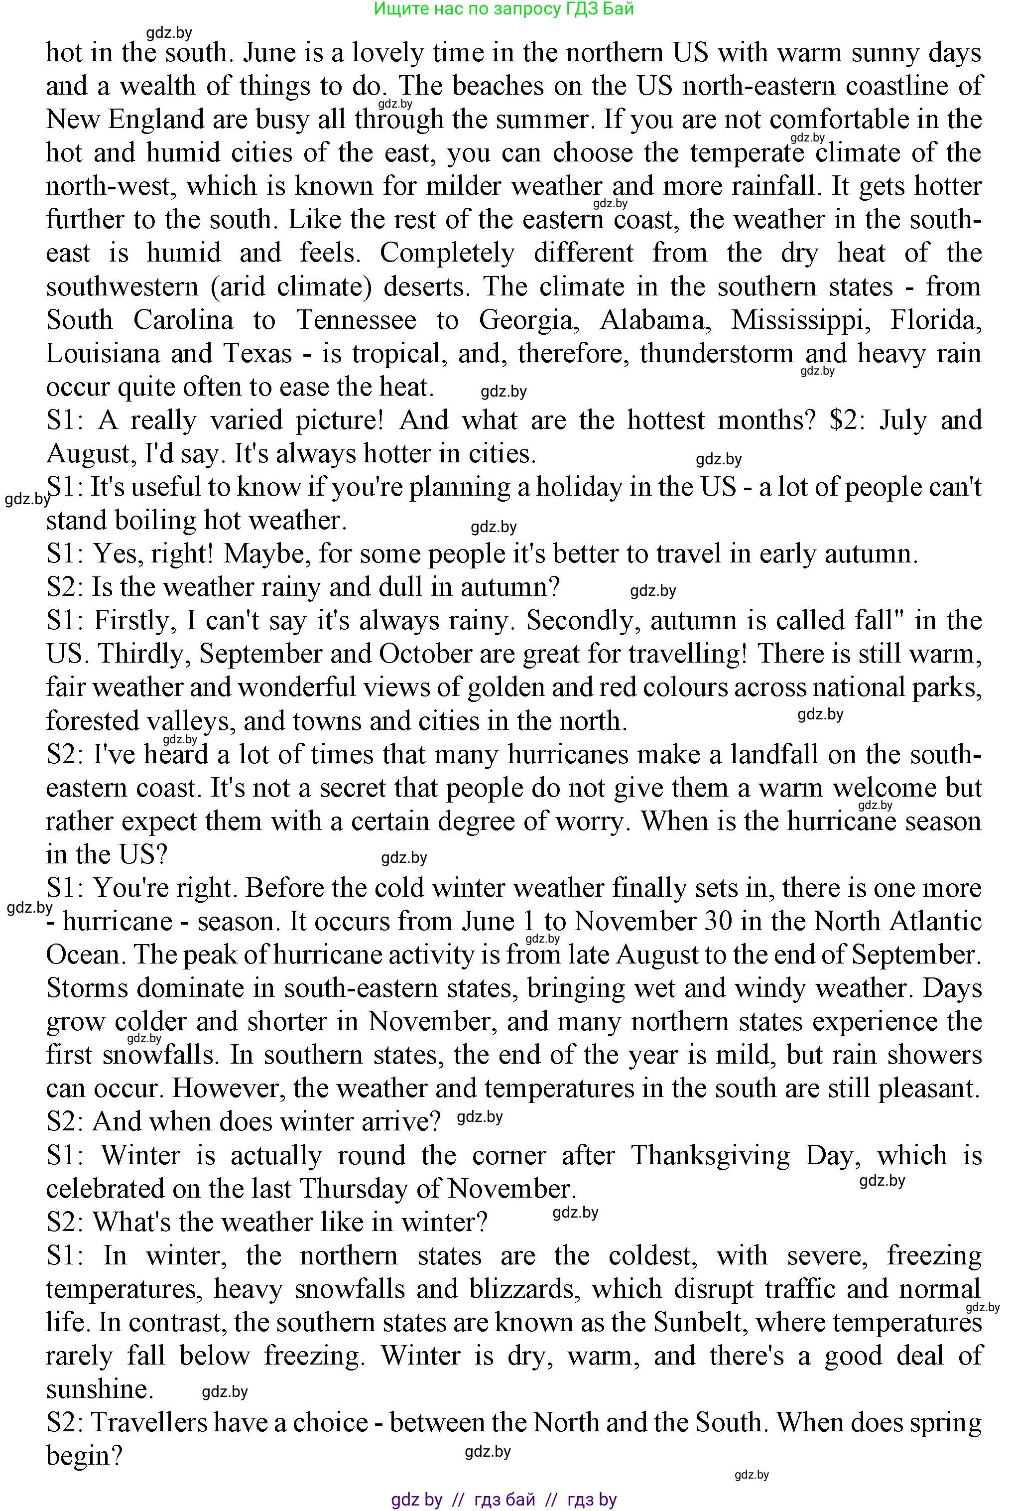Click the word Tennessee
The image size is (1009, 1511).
tap(356, 320)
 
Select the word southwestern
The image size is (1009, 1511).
tap(122, 286)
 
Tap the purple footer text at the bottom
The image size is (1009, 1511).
tap(504, 1500)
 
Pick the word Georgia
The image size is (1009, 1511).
tap(525, 320)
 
